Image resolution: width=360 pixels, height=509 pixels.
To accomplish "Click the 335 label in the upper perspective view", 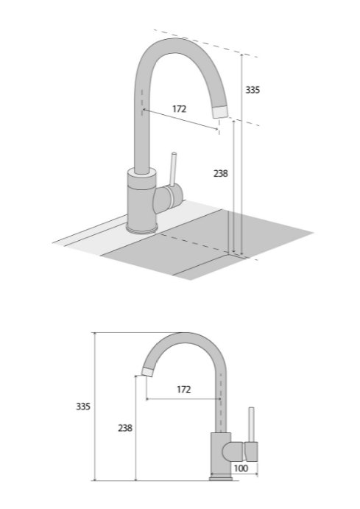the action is pos(253,90).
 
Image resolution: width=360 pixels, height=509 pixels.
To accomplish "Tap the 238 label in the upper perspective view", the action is pos(221,174).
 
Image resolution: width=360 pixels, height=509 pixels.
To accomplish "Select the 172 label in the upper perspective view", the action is pos(180,109).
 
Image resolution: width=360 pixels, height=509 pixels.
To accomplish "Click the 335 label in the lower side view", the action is pos(83,407).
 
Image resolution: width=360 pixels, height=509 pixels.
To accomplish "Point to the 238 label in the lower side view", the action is pos(125,428).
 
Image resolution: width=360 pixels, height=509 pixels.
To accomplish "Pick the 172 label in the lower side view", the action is pos(184,389).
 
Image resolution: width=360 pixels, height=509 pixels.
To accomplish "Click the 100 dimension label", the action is pos(241,468).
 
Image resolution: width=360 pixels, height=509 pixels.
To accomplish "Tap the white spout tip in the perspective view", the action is pos(220,112).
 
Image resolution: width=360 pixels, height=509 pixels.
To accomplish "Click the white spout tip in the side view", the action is pos(148,372).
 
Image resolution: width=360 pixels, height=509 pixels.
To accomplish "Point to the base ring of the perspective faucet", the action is pos(142,229).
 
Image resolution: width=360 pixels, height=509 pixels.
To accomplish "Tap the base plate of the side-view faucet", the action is pos(221,479).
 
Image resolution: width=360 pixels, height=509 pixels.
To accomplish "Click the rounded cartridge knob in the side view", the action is pos(233,452).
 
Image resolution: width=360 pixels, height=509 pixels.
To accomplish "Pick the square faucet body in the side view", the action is pos(221,454).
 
